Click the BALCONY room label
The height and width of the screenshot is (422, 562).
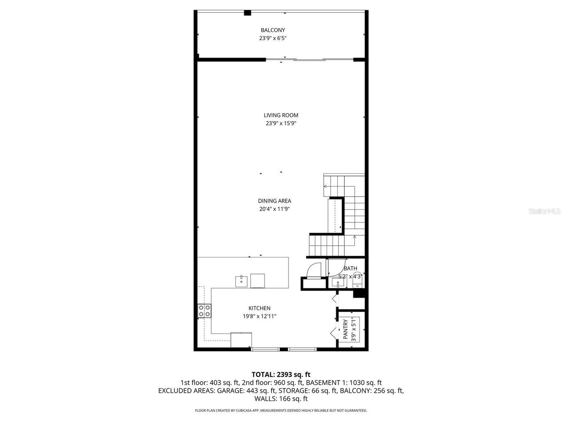tap(273, 30)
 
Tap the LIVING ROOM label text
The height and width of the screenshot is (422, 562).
tap(281, 115)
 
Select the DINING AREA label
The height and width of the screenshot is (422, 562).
tap(274, 201)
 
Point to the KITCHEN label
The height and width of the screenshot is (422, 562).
tap(259, 308)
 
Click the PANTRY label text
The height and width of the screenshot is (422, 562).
tap(346, 329)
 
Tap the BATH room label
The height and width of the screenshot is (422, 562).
tap(350, 268)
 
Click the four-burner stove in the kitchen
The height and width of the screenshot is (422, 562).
tap(204, 311)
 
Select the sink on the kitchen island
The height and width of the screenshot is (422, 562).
tap(241, 281)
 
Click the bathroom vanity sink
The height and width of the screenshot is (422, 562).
tap(338, 282)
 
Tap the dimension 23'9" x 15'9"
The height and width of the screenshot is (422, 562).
tap(281, 124)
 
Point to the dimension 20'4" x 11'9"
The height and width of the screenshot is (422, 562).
tap(274, 209)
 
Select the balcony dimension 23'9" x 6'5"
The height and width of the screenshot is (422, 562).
tap(273, 38)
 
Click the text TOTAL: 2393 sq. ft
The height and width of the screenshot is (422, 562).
tap(281, 375)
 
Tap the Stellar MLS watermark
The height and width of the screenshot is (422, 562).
tap(544, 211)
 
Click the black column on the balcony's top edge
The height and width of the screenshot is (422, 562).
tap(248, 13)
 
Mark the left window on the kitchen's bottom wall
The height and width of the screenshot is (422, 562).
tap(265, 349)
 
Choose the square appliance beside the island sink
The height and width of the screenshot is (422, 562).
tap(258, 280)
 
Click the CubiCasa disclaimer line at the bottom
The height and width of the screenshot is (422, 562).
tap(281, 411)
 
